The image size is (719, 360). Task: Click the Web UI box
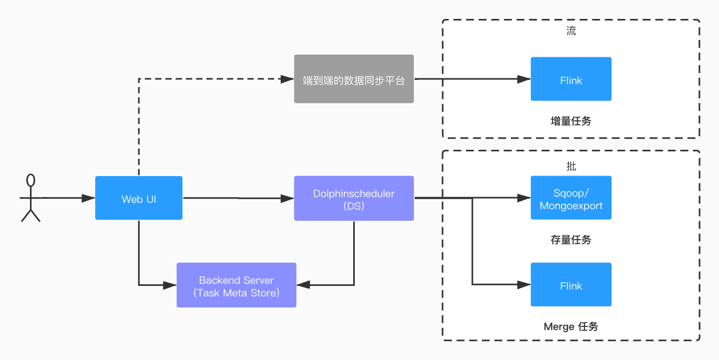(x=139, y=198)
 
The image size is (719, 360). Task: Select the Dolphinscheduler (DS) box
(x=354, y=199)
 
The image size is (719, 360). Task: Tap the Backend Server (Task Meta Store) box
(x=237, y=285)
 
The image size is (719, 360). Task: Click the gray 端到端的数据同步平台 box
(x=354, y=79)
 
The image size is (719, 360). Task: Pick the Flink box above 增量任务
(x=571, y=79)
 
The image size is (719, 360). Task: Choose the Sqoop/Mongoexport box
(x=571, y=198)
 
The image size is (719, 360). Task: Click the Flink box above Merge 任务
(x=571, y=285)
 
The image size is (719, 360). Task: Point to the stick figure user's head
(x=31, y=180)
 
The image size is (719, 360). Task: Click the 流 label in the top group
(x=571, y=31)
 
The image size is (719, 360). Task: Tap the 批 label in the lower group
(x=571, y=167)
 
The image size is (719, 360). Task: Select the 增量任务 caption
(x=571, y=121)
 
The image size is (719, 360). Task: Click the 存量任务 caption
(x=571, y=240)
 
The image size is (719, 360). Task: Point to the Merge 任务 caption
(x=571, y=327)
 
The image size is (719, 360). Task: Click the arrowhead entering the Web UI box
(x=89, y=198)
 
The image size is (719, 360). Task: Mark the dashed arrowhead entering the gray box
(x=287, y=79)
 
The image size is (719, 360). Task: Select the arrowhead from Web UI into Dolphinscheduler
(x=287, y=198)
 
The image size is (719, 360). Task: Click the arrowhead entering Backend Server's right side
(x=303, y=285)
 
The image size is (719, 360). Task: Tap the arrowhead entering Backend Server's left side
(x=170, y=285)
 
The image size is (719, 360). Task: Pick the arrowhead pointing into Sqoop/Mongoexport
(x=524, y=198)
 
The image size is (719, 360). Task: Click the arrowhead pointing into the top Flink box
(x=524, y=79)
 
